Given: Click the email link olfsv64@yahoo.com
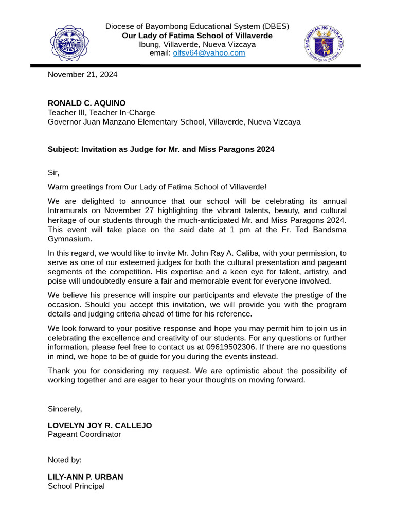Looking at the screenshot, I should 209,53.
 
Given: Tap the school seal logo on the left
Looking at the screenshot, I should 69,43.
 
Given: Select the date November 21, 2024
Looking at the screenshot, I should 82,75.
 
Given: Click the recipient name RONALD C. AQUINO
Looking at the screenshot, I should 86,103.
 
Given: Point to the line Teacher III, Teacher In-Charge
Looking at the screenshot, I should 101,113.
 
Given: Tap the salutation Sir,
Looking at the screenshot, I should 53,173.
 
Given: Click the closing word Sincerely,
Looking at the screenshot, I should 65,409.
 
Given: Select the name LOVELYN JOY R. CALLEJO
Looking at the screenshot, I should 100,426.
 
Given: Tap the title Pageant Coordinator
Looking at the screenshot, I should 84,434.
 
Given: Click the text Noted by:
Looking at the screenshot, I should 65,460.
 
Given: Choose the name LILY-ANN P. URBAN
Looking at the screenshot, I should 85,477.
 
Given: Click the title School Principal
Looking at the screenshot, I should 76,486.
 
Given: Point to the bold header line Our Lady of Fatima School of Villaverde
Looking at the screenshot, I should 197,36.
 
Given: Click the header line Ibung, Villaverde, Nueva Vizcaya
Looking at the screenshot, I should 197,44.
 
